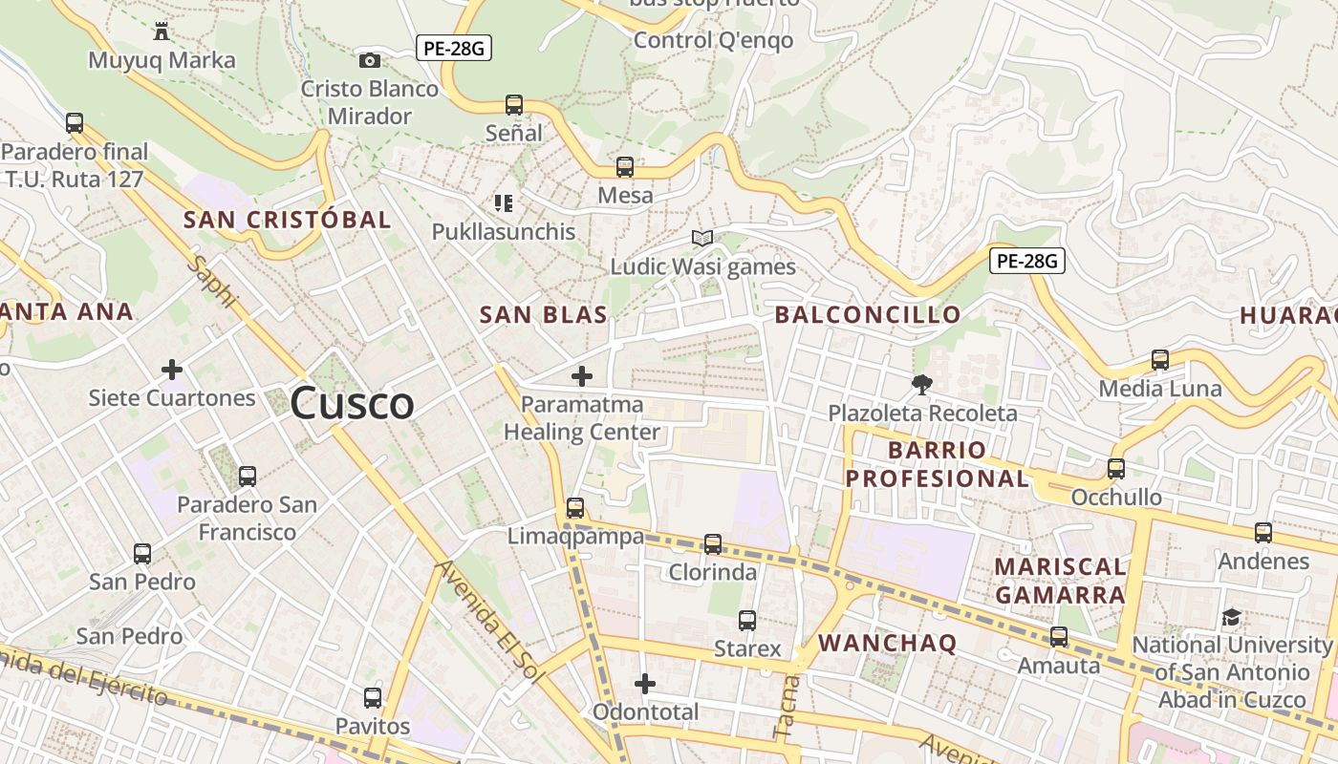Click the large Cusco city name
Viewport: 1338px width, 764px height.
[352, 403]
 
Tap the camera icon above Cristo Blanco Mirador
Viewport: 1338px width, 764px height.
[369, 60]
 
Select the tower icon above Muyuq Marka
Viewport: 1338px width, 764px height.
[162, 32]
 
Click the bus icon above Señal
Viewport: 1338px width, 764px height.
[514, 104]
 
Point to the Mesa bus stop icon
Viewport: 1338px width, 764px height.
[625, 167]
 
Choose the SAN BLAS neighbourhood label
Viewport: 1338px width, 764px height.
[543, 314]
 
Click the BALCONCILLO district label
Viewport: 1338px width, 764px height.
[868, 314]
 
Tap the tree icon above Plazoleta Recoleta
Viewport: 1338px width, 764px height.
[922, 385]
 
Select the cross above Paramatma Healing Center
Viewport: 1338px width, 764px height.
[581, 376]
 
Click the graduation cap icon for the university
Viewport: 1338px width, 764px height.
[1231, 617]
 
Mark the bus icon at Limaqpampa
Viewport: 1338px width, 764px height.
[574, 508]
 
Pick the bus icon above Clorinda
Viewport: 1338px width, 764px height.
[713, 544]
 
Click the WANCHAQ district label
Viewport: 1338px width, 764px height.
[887, 643]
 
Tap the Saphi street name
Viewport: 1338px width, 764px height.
[213, 281]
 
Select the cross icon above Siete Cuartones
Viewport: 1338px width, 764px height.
[172, 370]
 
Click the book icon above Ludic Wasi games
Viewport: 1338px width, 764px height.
[702, 238]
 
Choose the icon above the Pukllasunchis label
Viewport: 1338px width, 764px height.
[504, 202]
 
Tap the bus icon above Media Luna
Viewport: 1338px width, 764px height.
[1160, 360]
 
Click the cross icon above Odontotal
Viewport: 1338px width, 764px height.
[645, 684]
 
